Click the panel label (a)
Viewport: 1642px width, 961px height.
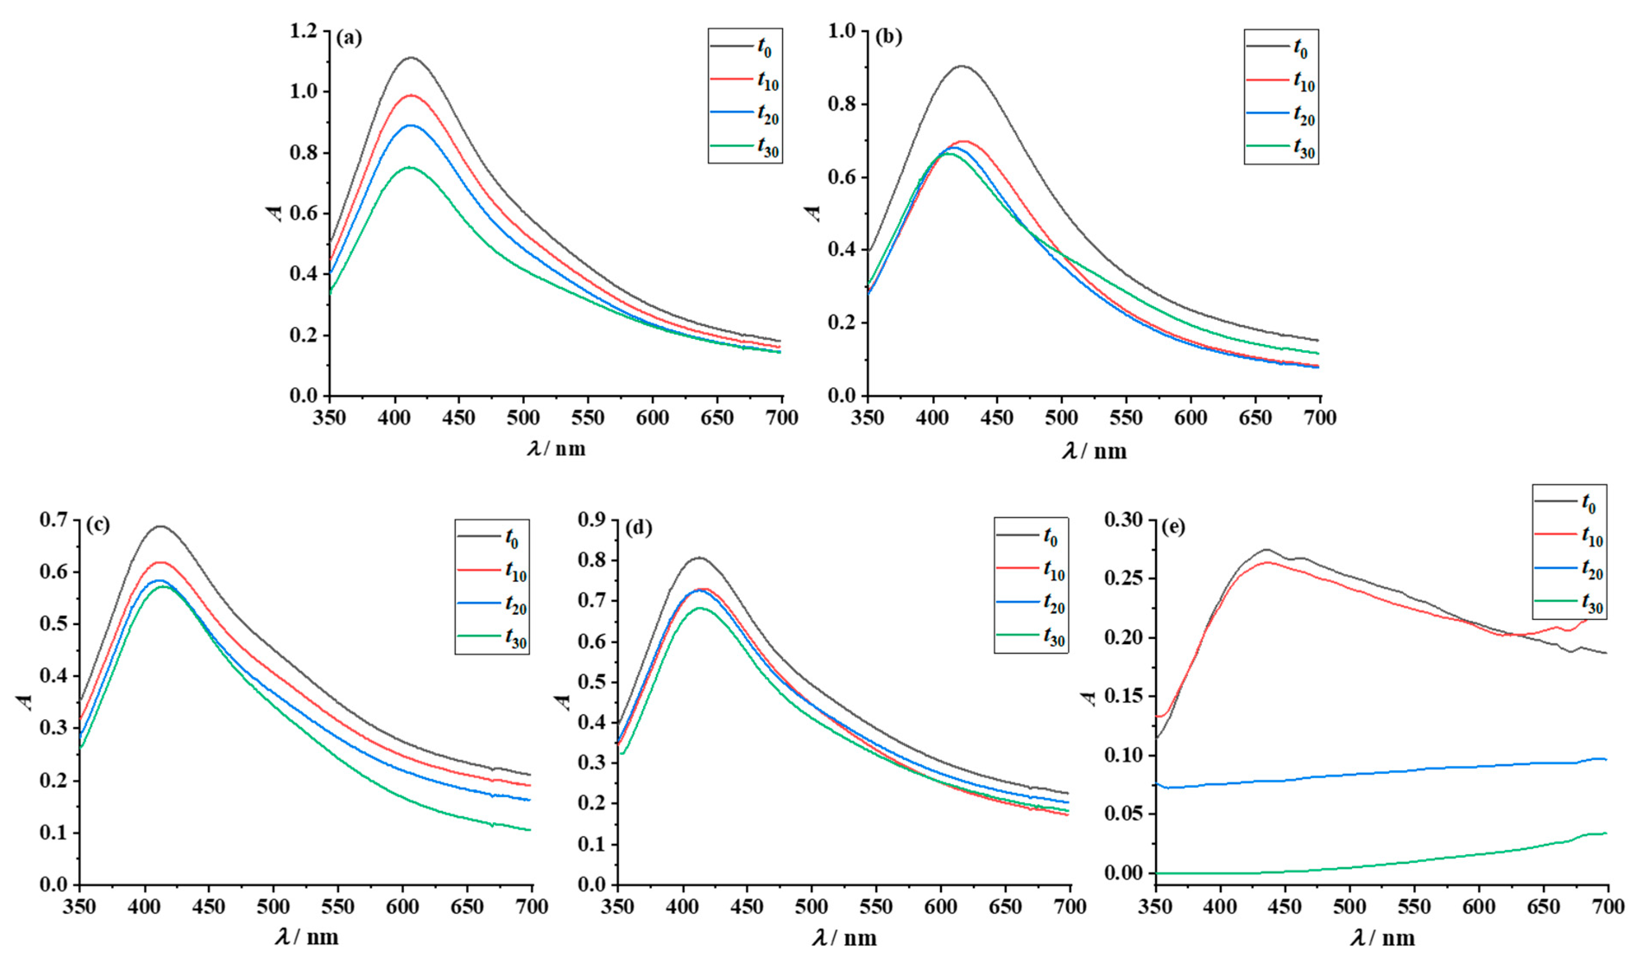[349, 38]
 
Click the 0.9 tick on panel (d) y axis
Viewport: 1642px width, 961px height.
[592, 519]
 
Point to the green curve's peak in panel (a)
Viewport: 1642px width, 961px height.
[410, 168]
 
